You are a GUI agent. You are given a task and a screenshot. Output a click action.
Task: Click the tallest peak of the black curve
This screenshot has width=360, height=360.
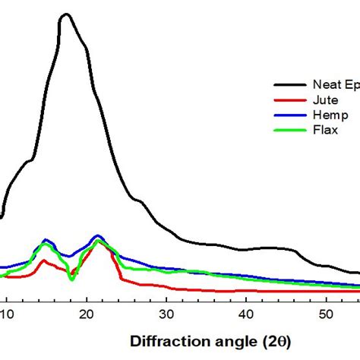pos(66,14)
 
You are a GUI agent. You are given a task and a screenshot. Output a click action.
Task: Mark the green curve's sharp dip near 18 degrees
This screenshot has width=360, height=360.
pos(72,279)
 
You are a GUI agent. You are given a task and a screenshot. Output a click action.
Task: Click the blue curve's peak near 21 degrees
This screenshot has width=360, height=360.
pos(97,236)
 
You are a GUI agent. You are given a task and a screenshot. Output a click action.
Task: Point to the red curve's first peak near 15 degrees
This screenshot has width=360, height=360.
pos(45,261)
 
